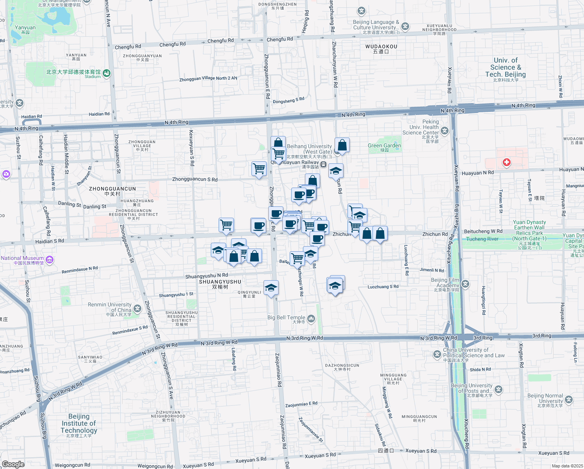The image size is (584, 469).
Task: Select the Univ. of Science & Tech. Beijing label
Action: click(506, 68)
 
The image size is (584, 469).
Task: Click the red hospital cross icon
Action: click(506, 162)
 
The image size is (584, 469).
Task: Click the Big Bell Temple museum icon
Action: click(311, 319)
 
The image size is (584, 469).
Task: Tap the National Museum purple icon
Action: click(50, 260)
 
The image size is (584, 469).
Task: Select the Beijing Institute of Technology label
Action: click(79, 424)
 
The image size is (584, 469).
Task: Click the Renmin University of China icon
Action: click(137, 309)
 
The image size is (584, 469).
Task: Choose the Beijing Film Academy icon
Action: click(465, 284)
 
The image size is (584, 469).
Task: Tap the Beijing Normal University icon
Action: click(569, 399)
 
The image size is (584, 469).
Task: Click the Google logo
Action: click(13, 464)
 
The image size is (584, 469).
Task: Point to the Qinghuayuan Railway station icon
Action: click(324, 165)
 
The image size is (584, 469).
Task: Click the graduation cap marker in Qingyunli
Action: click(271, 288)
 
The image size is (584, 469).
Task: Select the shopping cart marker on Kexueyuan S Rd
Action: click(226, 225)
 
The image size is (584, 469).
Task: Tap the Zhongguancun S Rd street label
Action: click(195, 179)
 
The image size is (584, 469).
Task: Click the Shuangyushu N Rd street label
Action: click(207, 276)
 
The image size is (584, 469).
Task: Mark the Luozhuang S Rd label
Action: click(383, 287)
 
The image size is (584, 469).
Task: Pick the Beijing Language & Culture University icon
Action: click(406, 27)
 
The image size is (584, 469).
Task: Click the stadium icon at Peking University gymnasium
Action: click(107, 73)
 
